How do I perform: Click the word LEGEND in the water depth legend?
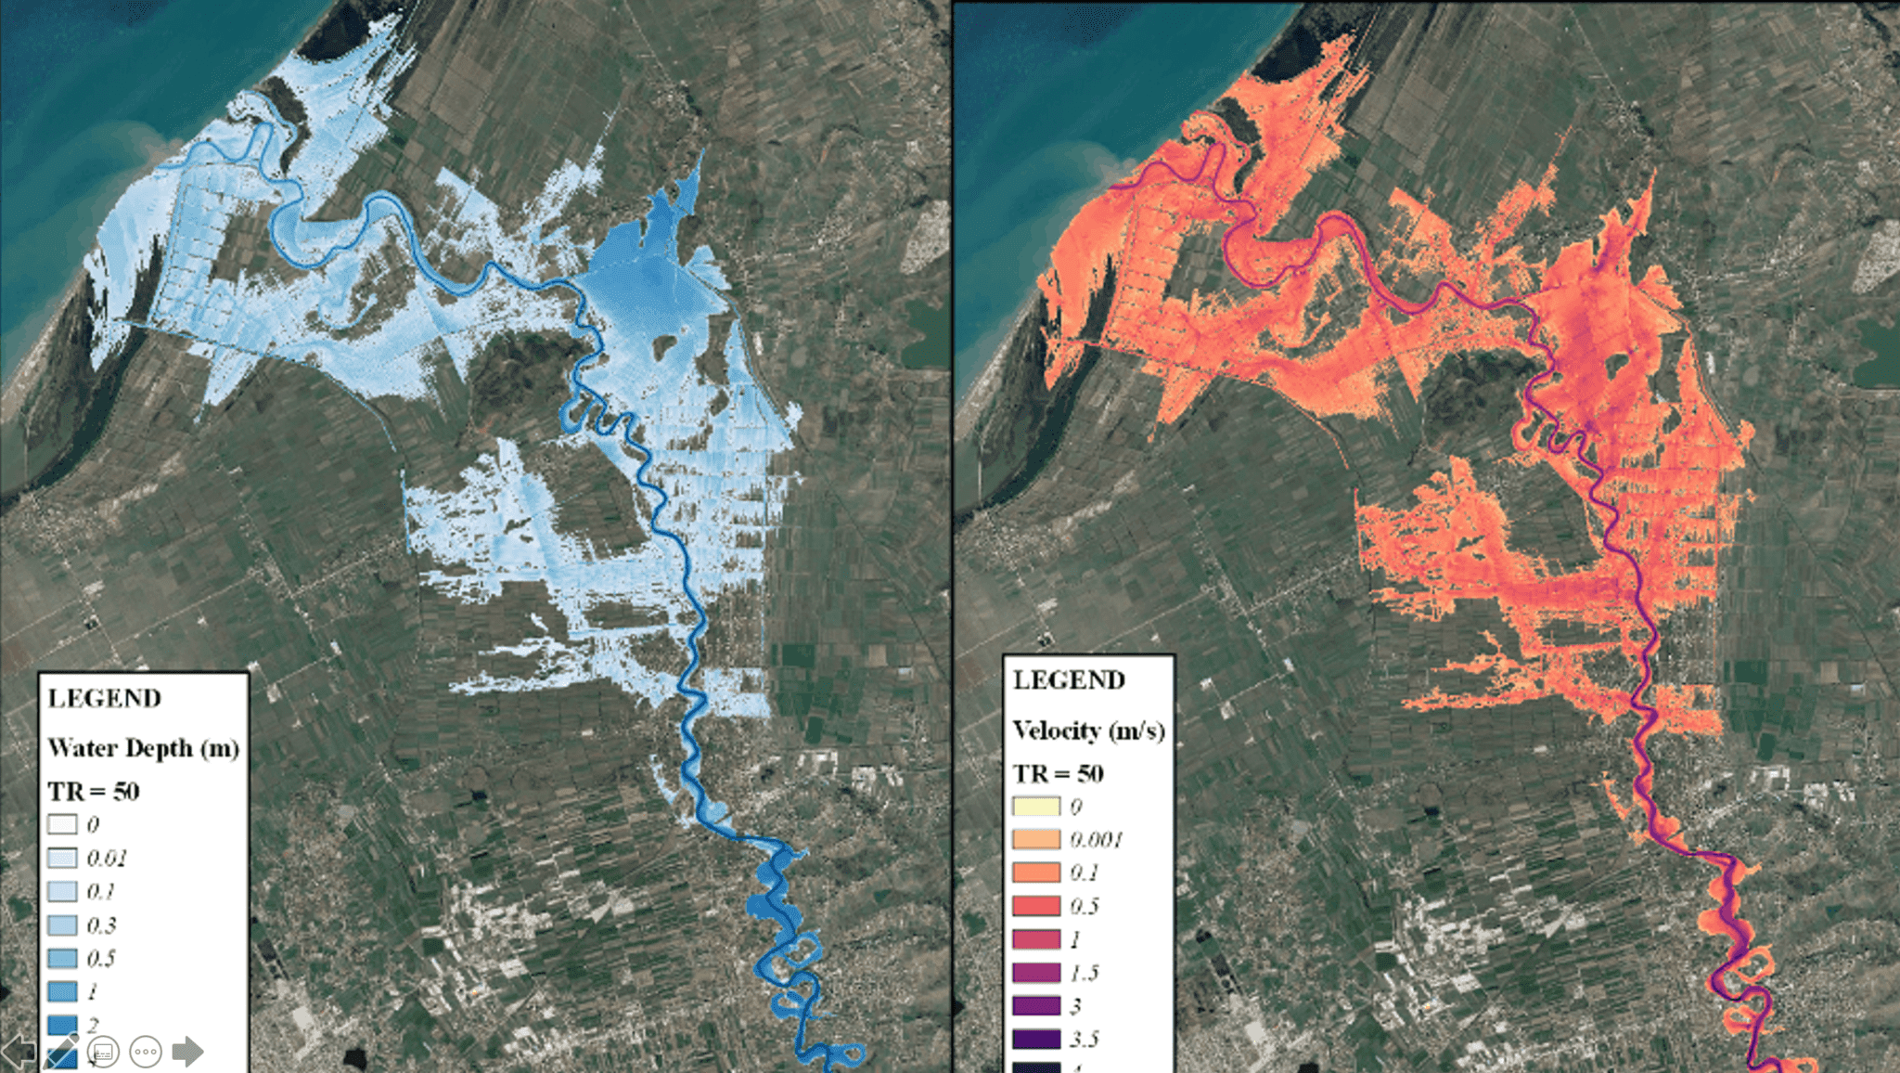[x=104, y=698]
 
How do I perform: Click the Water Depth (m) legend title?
[x=144, y=748]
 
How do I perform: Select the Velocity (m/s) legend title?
[x=1088, y=730]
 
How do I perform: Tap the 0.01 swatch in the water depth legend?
[x=62, y=858]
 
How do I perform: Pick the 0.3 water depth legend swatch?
[x=62, y=925]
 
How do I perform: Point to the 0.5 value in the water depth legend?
[x=101, y=959]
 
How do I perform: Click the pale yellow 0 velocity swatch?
[x=1035, y=806]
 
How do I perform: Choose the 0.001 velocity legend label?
[x=1096, y=840]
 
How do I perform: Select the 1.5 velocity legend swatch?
[x=1035, y=973]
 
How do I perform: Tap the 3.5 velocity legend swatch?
[x=1035, y=1039]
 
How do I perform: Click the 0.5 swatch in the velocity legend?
[x=1035, y=906]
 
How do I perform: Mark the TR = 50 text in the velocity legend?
[x=1058, y=774]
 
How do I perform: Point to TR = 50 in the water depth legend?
[x=94, y=792]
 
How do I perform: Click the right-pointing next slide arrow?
[x=187, y=1052]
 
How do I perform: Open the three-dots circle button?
[x=146, y=1052]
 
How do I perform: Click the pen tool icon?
[x=61, y=1052]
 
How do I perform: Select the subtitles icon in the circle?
[x=103, y=1052]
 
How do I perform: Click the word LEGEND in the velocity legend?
[x=1069, y=680]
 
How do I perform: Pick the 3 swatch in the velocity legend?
[x=1035, y=1005]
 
